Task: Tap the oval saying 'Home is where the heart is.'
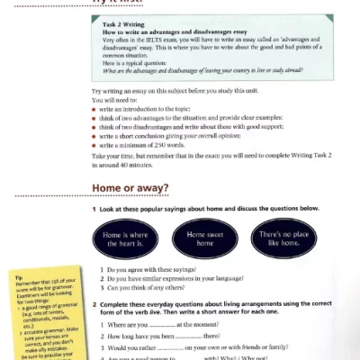[x=124, y=238]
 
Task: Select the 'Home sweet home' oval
[x=205, y=238]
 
